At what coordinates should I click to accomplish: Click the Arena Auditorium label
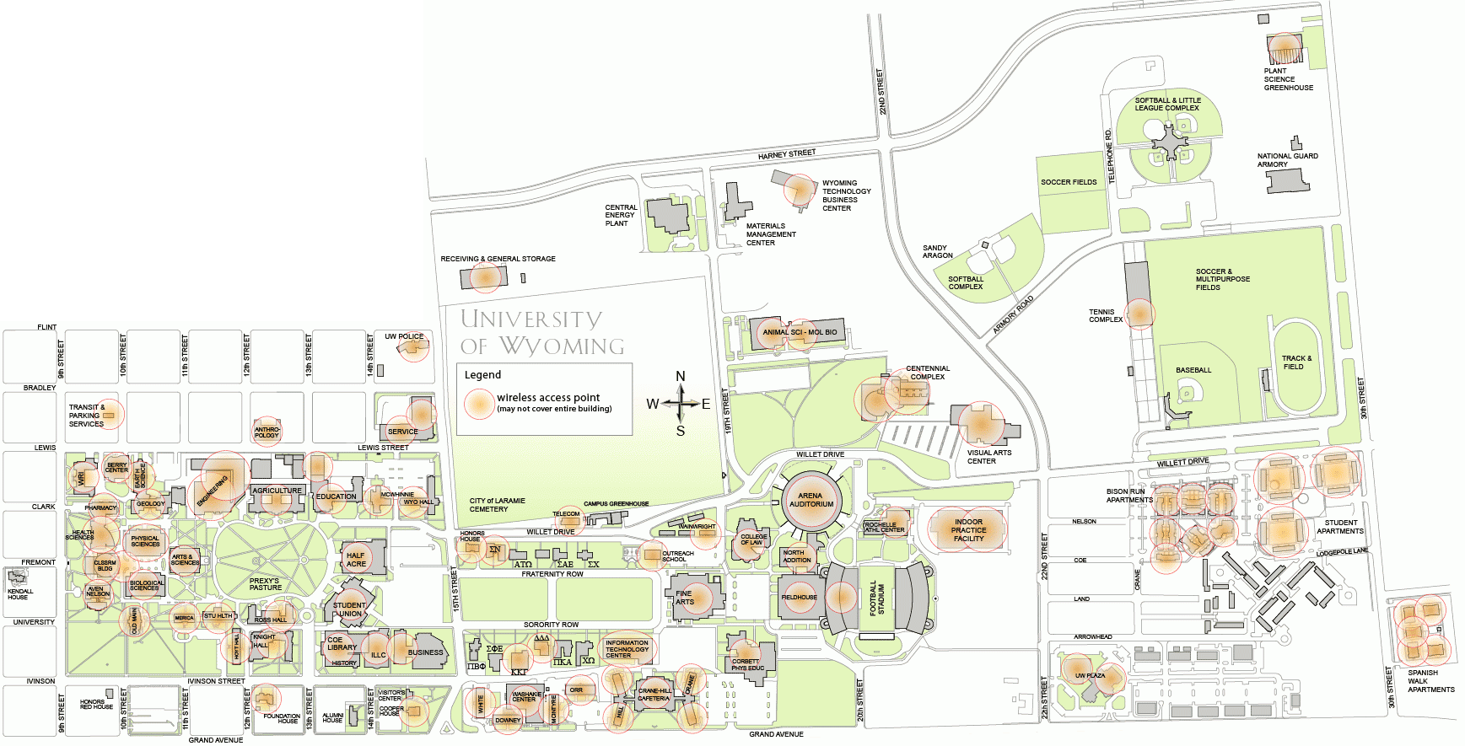pyautogui.click(x=811, y=500)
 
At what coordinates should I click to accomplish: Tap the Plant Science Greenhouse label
pyautogui.click(x=1288, y=79)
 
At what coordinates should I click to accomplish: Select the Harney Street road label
pyautogui.click(x=786, y=154)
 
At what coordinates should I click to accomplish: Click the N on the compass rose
pyautogui.click(x=681, y=376)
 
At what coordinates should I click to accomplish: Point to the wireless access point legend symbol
pyautogui.click(x=479, y=403)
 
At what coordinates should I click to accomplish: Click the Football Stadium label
pyautogui.click(x=877, y=599)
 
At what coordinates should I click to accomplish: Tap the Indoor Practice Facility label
pyautogui.click(x=968, y=530)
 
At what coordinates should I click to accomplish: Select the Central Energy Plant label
pyautogui.click(x=620, y=215)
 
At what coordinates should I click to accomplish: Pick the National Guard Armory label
pyautogui.click(x=1287, y=160)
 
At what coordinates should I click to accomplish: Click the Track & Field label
pyautogui.click(x=1296, y=362)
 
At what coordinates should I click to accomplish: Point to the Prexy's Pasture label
pyautogui.click(x=265, y=584)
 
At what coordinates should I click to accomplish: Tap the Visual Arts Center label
pyautogui.click(x=988, y=457)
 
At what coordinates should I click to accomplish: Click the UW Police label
pyautogui.click(x=404, y=336)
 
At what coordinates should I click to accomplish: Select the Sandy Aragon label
pyautogui.click(x=937, y=251)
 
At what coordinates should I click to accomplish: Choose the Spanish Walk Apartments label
pyautogui.click(x=1430, y=681)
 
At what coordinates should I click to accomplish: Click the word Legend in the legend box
pyautogui.click(x=482, y=375)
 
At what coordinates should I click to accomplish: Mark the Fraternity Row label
pyautogui.click(x=552, y=574)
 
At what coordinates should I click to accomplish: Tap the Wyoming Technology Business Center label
pyautogui.click(x=846, y=196)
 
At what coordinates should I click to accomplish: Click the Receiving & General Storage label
pyautogui.click(x=498, y=259)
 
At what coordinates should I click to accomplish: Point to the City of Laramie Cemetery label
pyautogui.click(x=497, y=505)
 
